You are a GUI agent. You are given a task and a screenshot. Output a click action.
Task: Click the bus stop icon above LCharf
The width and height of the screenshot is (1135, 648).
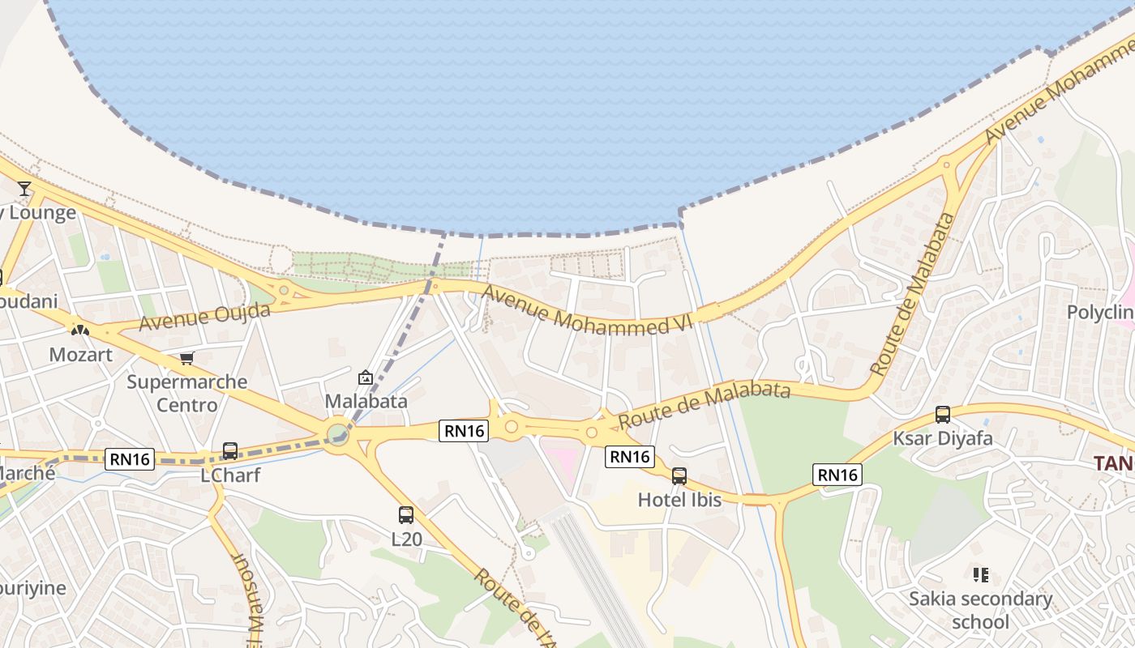[x=230, y=451]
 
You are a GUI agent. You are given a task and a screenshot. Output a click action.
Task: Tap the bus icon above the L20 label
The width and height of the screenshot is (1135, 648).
[x=406, y=514]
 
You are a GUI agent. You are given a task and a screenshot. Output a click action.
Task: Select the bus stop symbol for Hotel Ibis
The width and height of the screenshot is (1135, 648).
[x=679, y=476]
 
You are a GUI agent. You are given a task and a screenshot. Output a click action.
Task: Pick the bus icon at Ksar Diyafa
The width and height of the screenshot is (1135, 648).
[x=943, y=415]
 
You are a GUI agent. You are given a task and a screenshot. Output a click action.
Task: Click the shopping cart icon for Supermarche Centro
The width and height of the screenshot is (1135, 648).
[x=187, y=358]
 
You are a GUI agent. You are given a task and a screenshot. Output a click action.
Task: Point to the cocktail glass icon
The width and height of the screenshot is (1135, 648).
[x=24, y=189]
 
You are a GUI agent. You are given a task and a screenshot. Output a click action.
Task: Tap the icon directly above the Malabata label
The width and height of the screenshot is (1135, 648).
[x=366, y=377]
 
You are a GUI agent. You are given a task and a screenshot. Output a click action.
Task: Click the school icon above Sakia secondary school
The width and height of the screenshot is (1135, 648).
[x=981, y=575]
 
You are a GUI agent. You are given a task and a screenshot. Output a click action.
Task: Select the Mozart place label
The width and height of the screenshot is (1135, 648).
[x=80, y=355]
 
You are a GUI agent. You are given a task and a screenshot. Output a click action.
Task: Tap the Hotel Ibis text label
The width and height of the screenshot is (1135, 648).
[x=679, y=500]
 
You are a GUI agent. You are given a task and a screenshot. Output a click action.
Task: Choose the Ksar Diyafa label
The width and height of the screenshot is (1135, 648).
[x=942, y=439]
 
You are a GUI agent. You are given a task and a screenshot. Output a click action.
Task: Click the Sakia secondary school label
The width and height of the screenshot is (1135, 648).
[x=980, y=610]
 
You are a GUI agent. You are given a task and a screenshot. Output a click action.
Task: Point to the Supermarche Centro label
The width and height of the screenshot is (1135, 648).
[x=187, y=393]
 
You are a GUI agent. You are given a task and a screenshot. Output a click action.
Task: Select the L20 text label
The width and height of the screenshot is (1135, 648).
[x=406, y=539]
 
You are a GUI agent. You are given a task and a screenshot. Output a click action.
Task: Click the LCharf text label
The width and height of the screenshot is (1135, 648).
[x=230, y=475]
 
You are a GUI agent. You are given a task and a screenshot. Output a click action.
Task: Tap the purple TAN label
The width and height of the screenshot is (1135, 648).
[x=1113, y=463]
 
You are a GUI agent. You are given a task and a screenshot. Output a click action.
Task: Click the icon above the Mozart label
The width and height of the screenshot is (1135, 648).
[x=79, y=330]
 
